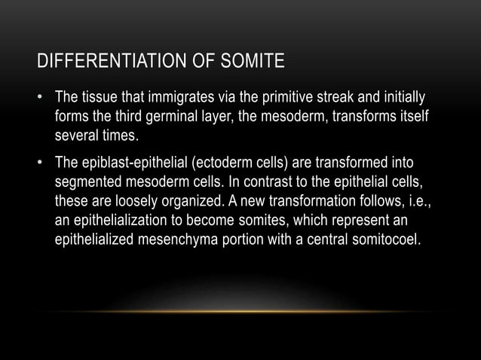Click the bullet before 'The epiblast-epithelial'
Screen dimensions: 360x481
[42, 163]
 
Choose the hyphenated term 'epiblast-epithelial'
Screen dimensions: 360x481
[141, 163]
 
